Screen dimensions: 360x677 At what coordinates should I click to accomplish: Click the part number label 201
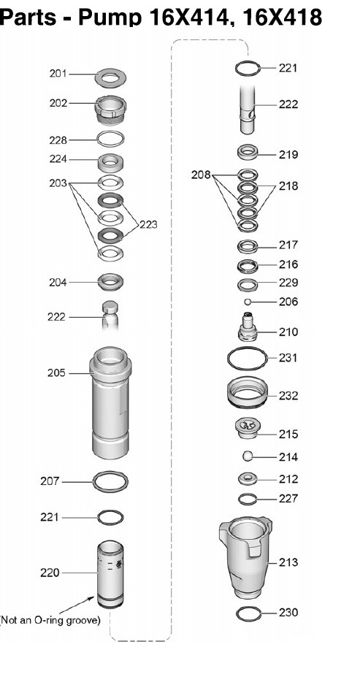pyautogui.click(x=58, y=74)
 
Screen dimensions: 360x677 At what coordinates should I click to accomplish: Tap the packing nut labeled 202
pyautogui.click(x=110, y=111)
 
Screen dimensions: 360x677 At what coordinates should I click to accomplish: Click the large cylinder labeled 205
pyautogui.click(x=110, y=402)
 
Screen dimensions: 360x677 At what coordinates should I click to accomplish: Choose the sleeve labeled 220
pyautogui.click(x=110, y=574)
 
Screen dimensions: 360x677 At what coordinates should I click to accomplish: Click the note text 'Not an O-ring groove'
pyautogui.click(x=50, y=621)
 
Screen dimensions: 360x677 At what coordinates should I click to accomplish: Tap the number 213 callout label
pyautogui.click(x=288, y=562)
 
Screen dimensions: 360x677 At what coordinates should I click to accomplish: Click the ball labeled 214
pyautogui.click(x=247, y=456)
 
